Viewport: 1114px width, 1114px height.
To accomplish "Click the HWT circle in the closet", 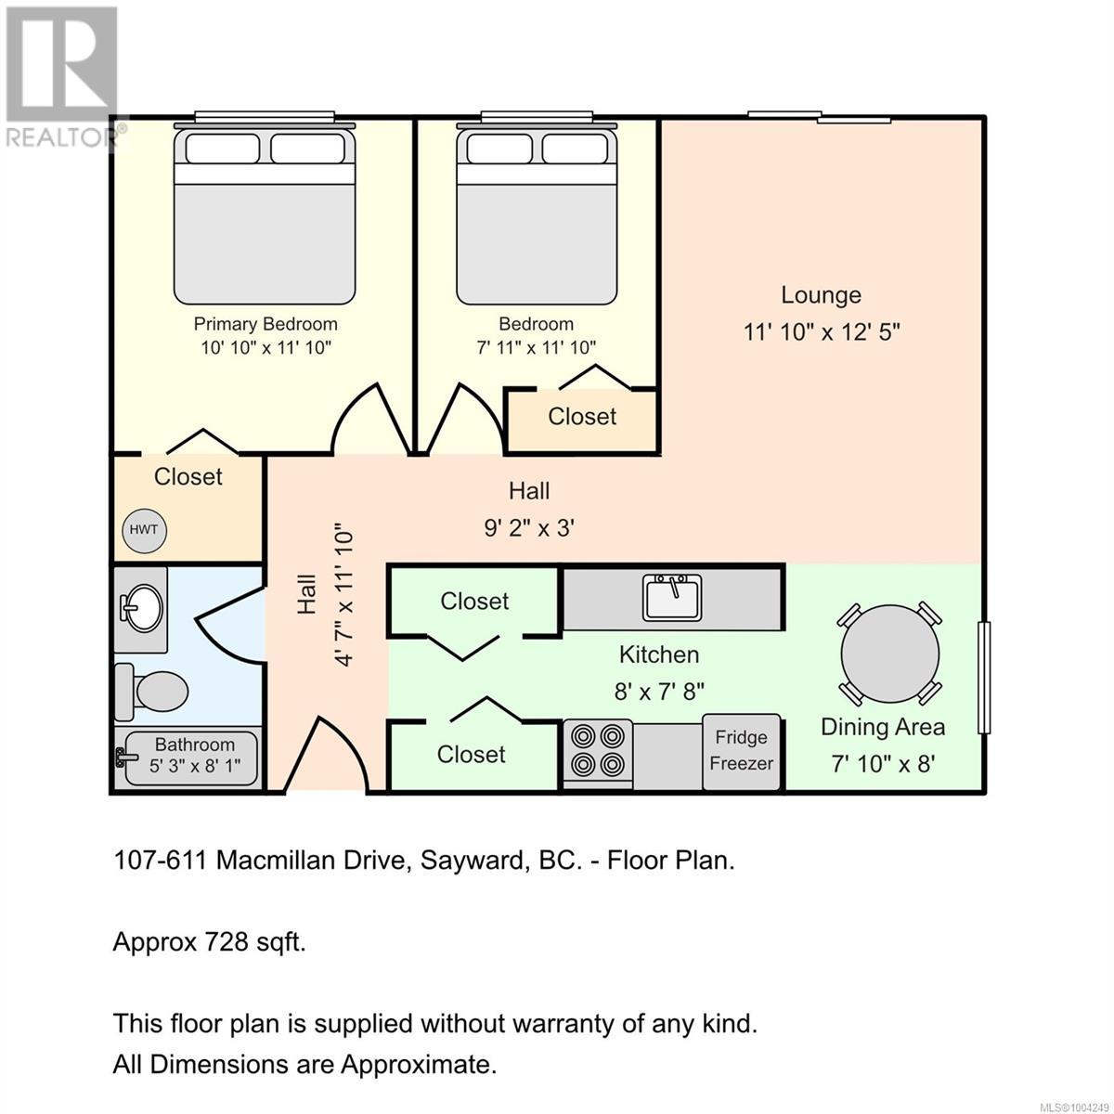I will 143,530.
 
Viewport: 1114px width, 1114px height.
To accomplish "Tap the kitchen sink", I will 672,597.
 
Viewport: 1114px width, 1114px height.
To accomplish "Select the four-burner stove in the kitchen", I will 597,752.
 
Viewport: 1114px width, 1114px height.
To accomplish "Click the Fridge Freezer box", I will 741,751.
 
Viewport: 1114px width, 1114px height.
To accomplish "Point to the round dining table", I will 889,653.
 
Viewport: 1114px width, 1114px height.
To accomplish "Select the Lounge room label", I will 821,295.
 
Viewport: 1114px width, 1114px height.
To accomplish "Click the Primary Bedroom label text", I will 266,324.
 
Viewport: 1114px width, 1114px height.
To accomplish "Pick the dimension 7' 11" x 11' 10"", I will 536,348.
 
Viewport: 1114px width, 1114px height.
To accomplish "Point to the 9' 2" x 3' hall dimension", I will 529,528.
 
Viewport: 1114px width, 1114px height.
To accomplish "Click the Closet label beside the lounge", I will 582,417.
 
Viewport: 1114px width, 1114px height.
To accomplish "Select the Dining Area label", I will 882,727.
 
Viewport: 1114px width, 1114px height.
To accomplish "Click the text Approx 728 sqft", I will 209,942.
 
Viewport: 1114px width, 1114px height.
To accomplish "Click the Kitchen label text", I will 659,654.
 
